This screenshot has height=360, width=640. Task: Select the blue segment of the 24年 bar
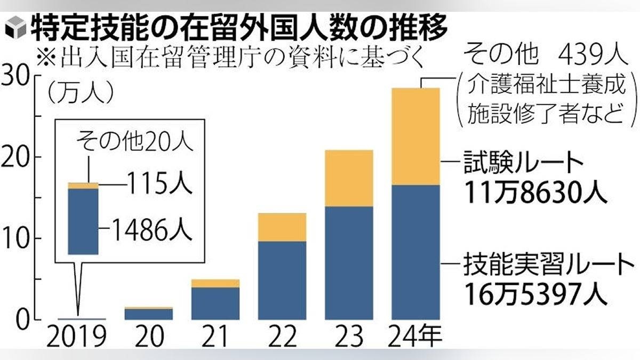[x=415, y=252]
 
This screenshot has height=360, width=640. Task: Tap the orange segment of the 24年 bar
[x=415, y=137]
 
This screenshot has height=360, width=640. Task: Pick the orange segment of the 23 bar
[x=349, y=178]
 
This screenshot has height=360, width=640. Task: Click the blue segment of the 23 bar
[x=349, y=262]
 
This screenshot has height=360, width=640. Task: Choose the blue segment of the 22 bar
[x=282, y=280]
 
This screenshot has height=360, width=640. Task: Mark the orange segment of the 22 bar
[x=282, y=227]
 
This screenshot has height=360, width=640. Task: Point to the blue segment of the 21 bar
[x=215, y=303]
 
